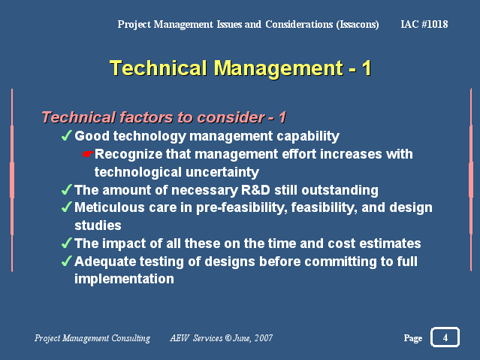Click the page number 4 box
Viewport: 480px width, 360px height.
point(445,337)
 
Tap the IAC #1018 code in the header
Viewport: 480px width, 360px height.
point(424,24)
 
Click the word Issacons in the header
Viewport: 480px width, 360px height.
point(358,25)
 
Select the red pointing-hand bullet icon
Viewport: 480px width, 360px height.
point(88,154)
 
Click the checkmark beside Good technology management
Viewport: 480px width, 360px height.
point(66,135)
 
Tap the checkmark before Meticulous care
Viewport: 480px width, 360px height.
point(66,207)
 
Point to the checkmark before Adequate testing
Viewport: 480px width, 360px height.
point(66,261)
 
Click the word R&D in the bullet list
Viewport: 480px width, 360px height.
point(255,190)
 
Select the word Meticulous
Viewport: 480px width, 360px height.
point(110,207)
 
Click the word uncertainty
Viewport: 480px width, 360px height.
point(222,172)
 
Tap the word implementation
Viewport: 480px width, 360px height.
point(124,279)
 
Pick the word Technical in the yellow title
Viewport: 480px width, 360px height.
point(158,68)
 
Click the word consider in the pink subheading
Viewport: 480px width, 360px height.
point(231,117)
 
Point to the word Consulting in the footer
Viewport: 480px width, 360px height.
point(131,338)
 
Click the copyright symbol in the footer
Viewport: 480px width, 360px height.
point(228,338)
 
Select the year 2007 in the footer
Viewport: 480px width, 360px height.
point(263,338)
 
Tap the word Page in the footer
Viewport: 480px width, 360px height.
point(413,338)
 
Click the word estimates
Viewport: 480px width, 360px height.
point(390,244)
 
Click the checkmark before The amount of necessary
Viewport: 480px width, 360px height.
point(66,189)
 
